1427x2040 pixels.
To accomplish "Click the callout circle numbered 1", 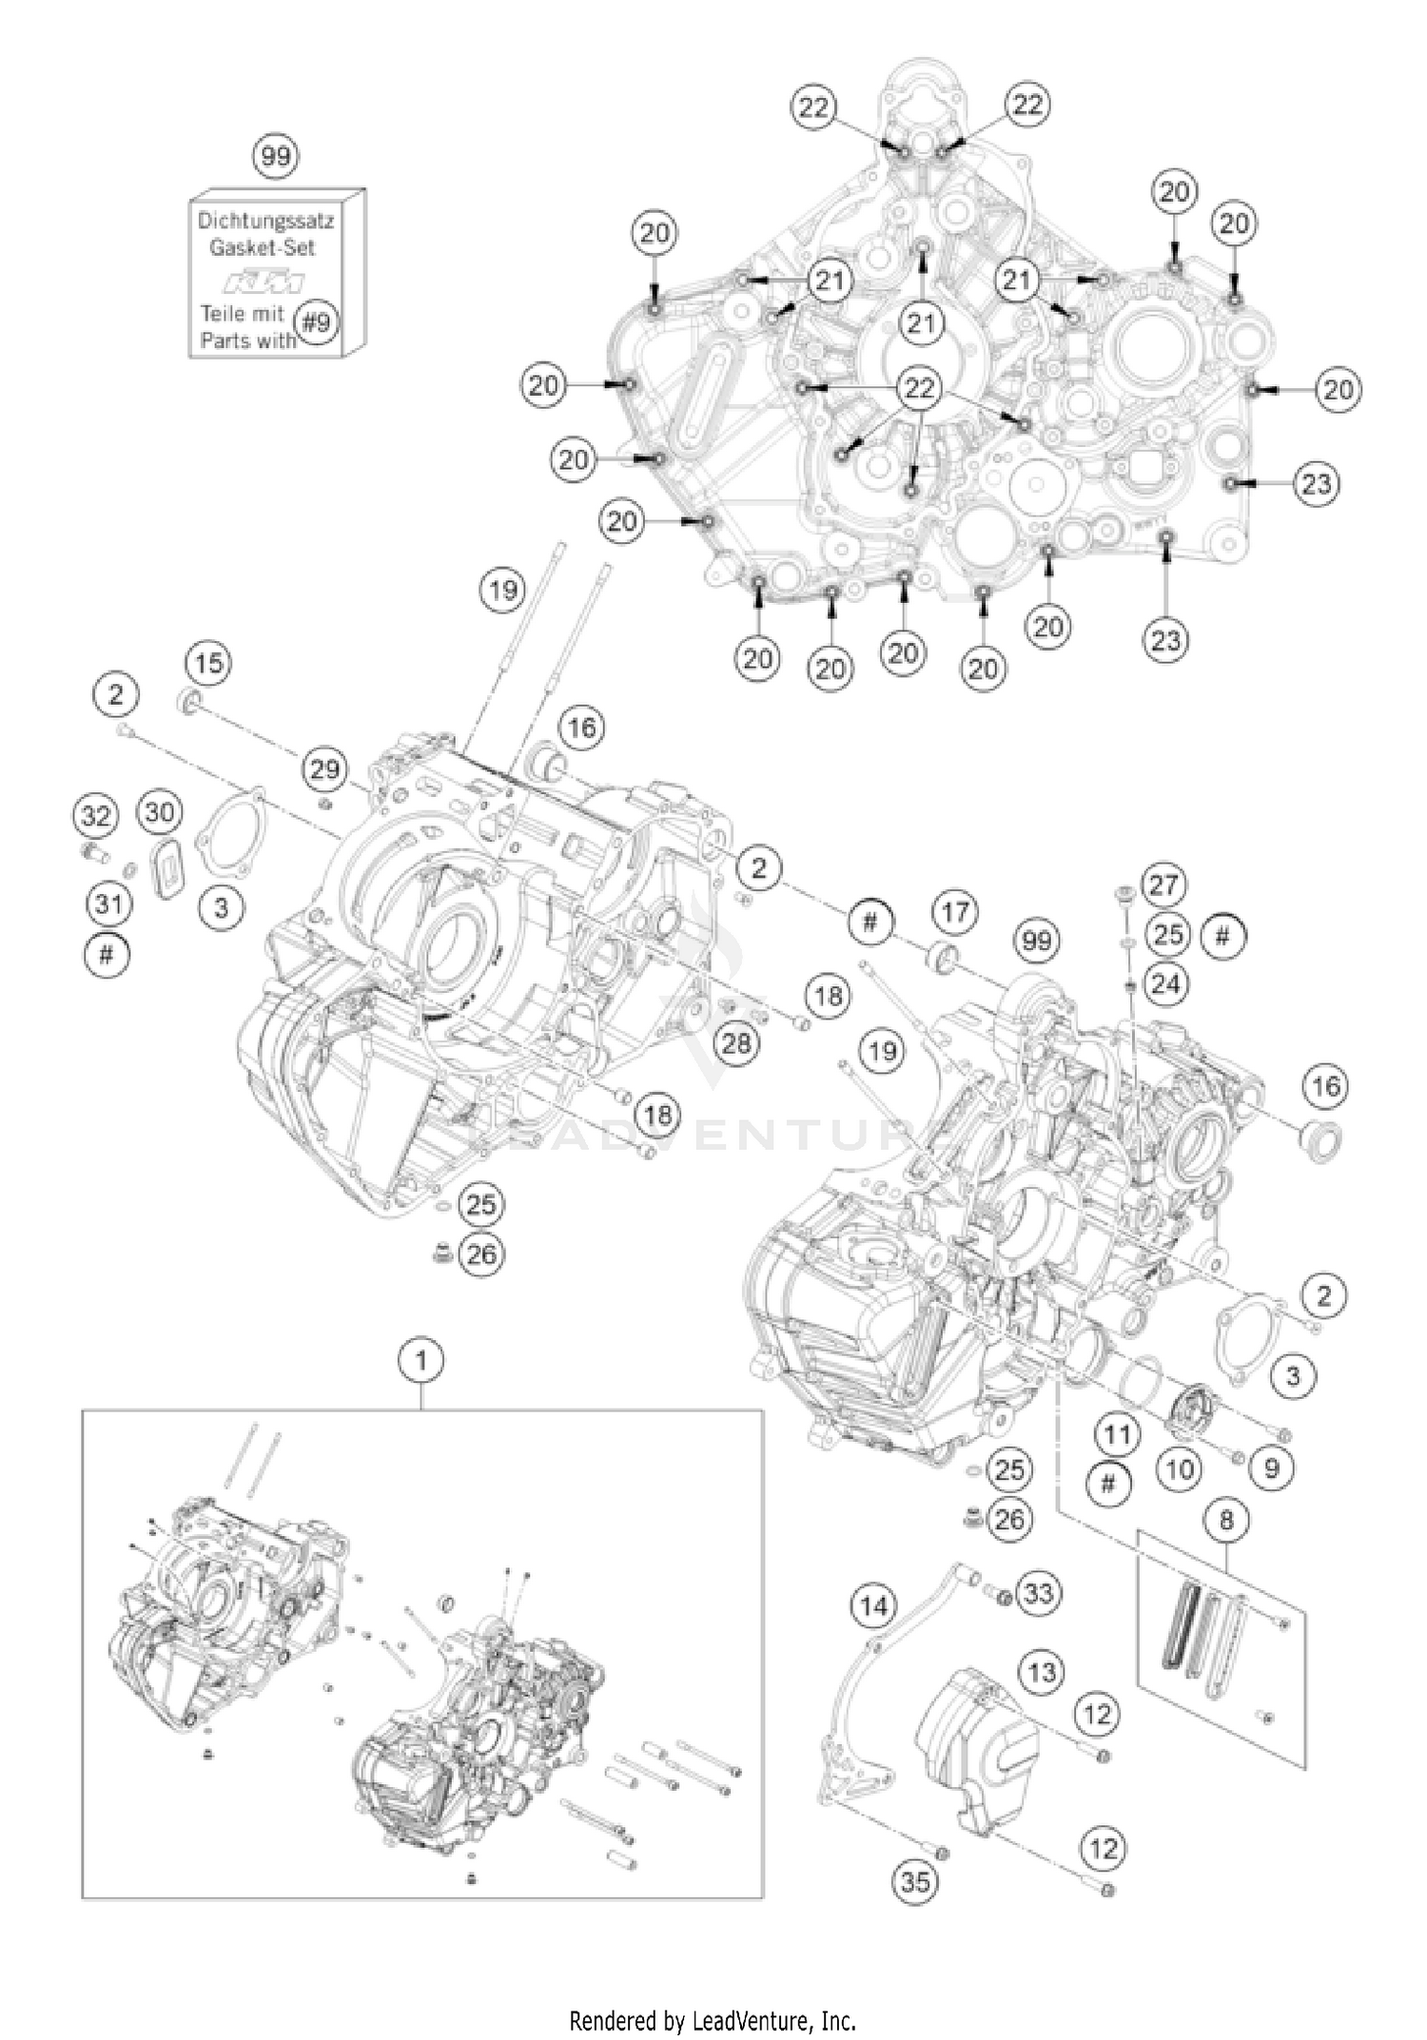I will coord(422,1361).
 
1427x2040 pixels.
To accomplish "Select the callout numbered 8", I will coord(1226,1520).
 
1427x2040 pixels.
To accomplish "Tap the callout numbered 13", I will coord(1042,1672).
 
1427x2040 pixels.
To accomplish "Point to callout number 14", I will coord(873,1606).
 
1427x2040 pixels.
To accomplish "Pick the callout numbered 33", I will coord(1039,1592).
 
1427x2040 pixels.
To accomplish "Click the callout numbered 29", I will coord(325,768).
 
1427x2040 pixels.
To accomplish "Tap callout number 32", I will coord(96,815).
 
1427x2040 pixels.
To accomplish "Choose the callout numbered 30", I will coord(160,812).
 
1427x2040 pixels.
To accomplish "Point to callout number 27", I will coord(1163,885).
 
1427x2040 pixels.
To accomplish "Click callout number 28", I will coord(736,1043).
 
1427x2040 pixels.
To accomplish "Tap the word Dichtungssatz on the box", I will coord(265,221).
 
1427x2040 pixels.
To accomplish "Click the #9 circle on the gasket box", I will coord(316,322).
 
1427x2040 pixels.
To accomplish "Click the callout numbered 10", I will coord(1179,1469).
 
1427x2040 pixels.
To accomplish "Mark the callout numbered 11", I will coord(1117,1434).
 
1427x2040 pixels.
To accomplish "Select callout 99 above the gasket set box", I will coord(275,155).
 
